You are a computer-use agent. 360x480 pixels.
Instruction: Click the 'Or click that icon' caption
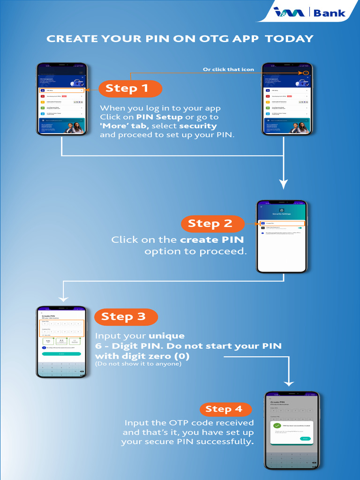pyautogui.click(x=228, y=69)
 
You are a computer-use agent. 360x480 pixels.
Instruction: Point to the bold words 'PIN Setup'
pyautogui.click(x=157, y=117)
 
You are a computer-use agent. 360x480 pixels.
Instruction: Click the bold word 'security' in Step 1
pyautogui.click(x=198, y=126)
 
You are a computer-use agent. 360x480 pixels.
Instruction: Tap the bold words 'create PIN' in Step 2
pyautogui.click(x=212, y=240)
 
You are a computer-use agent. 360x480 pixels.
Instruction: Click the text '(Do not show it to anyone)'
pyautogui.click(x=138, y=364)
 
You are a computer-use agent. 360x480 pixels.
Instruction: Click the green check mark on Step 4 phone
pyautogui.click(x=277, y=425)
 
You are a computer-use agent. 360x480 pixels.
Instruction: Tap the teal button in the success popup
pyautogui.click(x=305, y=439)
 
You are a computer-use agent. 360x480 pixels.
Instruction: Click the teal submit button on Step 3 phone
pyautogui.click(x=61, y=354)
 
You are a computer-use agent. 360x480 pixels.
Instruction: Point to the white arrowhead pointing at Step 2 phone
pyautogui.click(x=283, y=183)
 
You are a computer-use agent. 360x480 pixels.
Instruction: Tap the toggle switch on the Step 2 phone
pyautogui.click(x=300, y=227)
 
